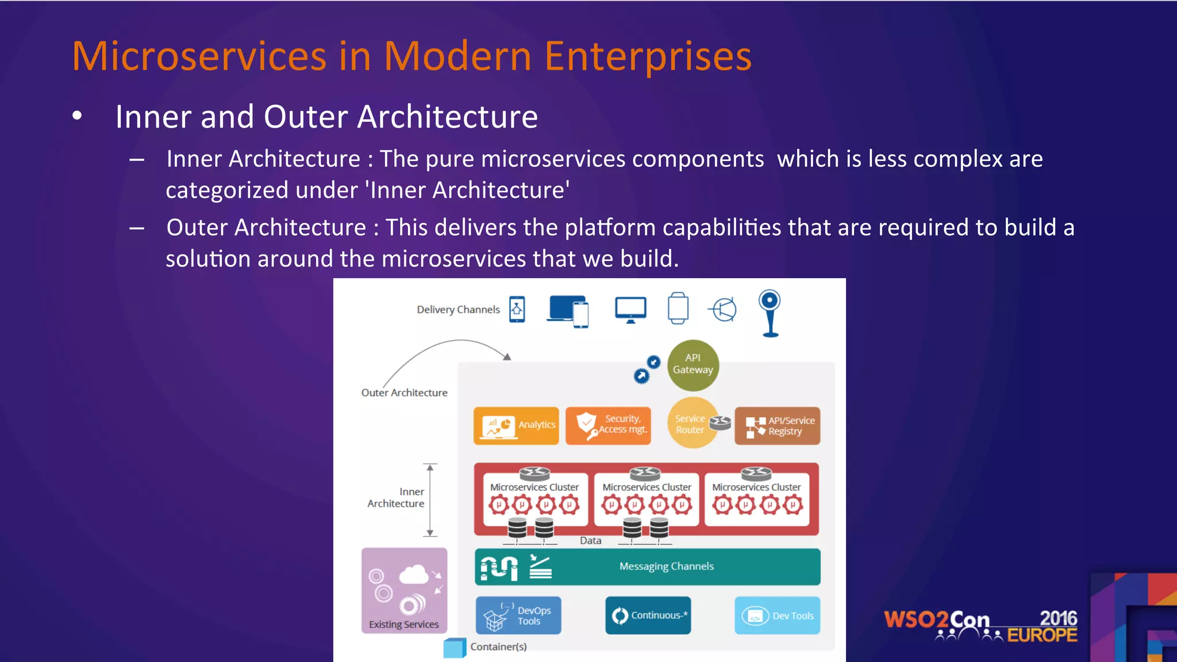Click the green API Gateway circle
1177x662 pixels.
[693, 364]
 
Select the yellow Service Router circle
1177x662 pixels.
[691, 424]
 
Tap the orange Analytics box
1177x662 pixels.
[516, 425]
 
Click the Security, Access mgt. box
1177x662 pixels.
[608, 425]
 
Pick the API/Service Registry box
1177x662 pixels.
[777, 426]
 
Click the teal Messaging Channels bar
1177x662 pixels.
[648, 567]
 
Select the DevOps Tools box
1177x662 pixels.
[518, 615]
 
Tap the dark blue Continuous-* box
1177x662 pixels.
[648, 615]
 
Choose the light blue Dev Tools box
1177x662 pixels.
[777, 615]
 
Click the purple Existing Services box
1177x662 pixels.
[404, 590]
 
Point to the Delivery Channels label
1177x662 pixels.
[458, 310]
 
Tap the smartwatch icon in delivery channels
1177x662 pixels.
[678, 309]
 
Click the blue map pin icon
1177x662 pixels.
[770, 313]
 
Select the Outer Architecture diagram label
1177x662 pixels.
[404, 393]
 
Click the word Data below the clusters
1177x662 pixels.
[590, 541]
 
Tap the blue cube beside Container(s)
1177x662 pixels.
[454, 648]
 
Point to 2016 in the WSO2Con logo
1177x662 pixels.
[1058, 618]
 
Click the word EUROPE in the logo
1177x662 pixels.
[1042, 636]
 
